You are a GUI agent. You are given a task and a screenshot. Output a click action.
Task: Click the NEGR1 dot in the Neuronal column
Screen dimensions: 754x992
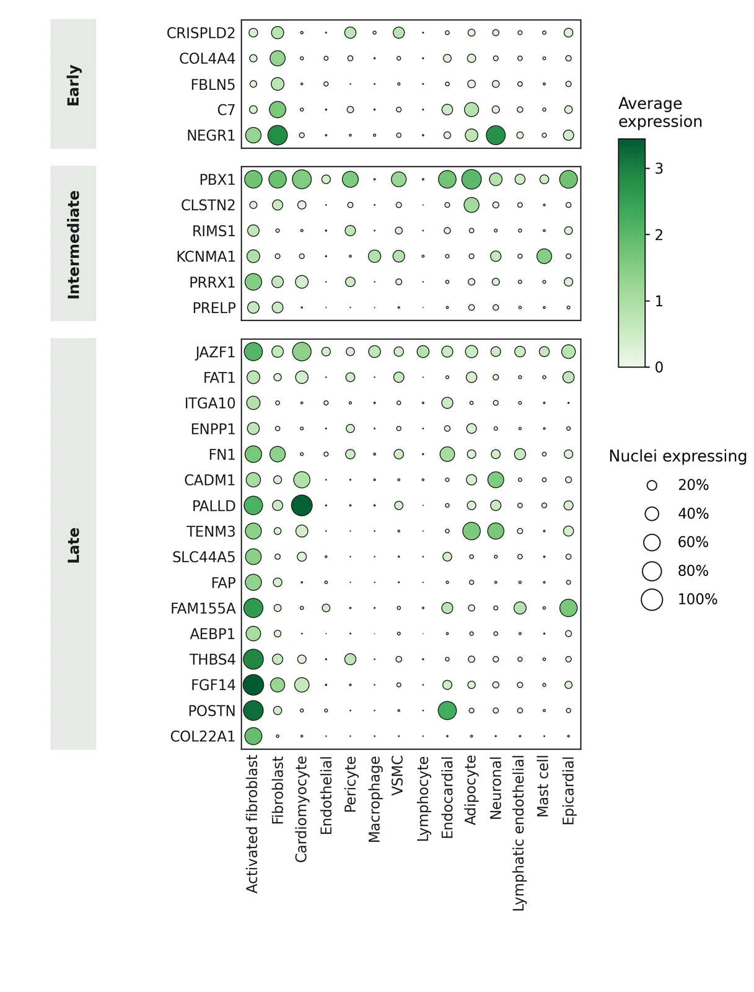pyautogui.click(x=495, y=135)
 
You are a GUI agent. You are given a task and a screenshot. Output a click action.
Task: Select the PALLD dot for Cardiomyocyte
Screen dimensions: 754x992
pyautogui.click(x=302, y=505)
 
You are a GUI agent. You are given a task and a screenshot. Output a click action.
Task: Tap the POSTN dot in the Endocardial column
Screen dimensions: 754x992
pyautogui.click(x=447, y=711)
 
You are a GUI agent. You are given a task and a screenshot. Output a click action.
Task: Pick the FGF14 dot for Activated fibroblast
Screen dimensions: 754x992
pyautogui.click(x=253, y=684)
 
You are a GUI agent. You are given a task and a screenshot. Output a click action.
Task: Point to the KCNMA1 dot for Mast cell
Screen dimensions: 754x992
pyautogui.click(x=544, y=256)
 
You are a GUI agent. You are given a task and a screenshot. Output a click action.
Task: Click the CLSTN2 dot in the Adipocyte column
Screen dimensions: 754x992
pyautogui.click(x=471, y=205)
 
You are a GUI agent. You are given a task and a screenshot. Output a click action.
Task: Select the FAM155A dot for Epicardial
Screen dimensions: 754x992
pyautogui.click(x=568, y=608)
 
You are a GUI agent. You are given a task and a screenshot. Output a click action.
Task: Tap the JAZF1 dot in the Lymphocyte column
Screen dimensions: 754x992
pyautogui.click(x=423, y=352)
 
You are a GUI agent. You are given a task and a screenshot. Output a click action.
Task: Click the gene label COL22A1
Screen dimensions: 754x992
pyautogui.click(x=203, y=737)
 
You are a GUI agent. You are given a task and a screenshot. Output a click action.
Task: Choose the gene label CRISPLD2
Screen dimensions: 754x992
pyautogui.click(x=201, y=33)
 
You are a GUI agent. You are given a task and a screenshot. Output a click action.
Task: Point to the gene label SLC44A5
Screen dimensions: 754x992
pyautogui.click(x=204, y=557)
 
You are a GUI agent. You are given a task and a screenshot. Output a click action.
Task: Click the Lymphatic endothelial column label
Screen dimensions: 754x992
pyautogui.click(x=519, y=833)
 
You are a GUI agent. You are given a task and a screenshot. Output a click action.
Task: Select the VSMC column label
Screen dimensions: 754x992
pyautogui.click(x=398, y=776)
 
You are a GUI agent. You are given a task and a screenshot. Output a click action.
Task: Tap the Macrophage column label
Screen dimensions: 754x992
pyautogui.click(x=374, y=799)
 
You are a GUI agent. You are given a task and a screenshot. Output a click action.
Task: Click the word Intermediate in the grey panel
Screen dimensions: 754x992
pyautogui.click(x=73, y=244)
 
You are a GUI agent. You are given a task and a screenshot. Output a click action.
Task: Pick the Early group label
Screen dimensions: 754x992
pyautogui.click(x=73, y=86)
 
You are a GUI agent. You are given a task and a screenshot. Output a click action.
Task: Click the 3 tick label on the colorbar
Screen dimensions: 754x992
pyautogui.click(x=659, y=169)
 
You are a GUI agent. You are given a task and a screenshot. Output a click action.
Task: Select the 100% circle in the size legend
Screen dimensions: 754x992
pyautogui.click(x=652, y=600)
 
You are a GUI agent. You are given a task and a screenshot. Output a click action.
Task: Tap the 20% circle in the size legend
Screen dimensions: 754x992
pyautogui.click(x=652, y=485)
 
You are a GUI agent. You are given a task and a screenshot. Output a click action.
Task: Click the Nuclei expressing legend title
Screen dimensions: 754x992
pyautogui.click(x=678, y=456)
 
